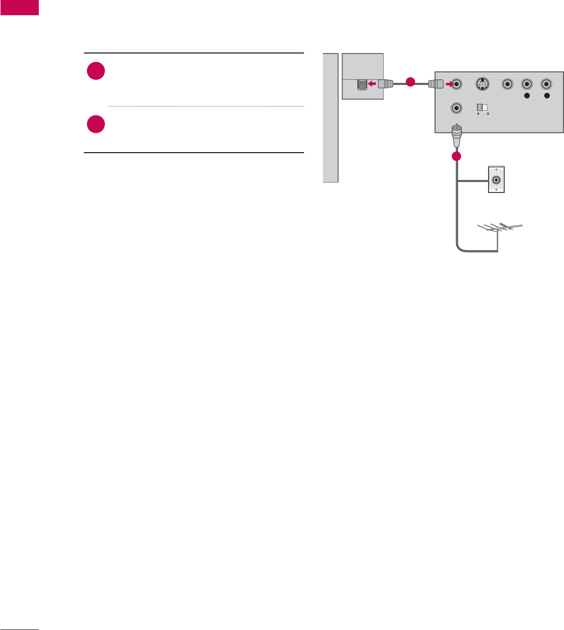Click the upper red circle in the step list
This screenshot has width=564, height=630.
pos(96,72)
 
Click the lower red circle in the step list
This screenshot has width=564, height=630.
pos(96,124)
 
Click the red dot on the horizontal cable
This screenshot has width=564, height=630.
pos(410,82)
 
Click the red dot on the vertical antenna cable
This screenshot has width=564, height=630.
pos(456,156)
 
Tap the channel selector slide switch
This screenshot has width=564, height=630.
pos(482,107)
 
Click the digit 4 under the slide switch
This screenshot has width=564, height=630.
pos(478,114)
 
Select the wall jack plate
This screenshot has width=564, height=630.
pos(496,179)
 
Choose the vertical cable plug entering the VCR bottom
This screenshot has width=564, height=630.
pos(457,136)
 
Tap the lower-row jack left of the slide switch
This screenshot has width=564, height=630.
pos(457,108)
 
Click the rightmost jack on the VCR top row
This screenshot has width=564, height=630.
pos(546,83)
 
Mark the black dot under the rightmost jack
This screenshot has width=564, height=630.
pos(546,97)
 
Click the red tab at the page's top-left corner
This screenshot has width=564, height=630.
pos(19,7)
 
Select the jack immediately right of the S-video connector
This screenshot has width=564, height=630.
pos(507,83)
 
